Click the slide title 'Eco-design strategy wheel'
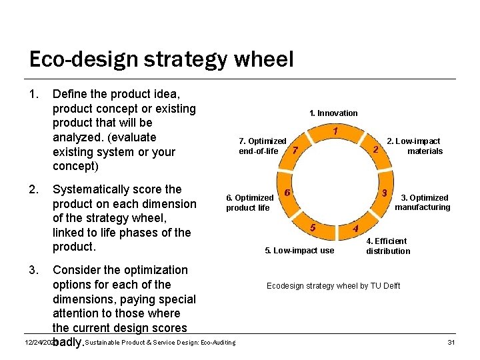click(x=161, y=60)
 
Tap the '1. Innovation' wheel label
click(x=333, y=113)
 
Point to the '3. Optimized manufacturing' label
click(x=423, y=203)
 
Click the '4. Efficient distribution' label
click(x=388, y=246)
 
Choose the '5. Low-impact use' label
click(x=300, y=251)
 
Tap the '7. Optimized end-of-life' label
click(x=262, y=146)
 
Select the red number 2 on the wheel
click(x=376, y=149)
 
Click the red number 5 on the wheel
click(x=313, y=227)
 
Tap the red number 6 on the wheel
click(x=287, y=193)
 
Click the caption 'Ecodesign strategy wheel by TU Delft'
click(x=333, y=286)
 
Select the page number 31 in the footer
click(x=451, y=343)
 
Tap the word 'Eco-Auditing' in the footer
click(x=215, y=343)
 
